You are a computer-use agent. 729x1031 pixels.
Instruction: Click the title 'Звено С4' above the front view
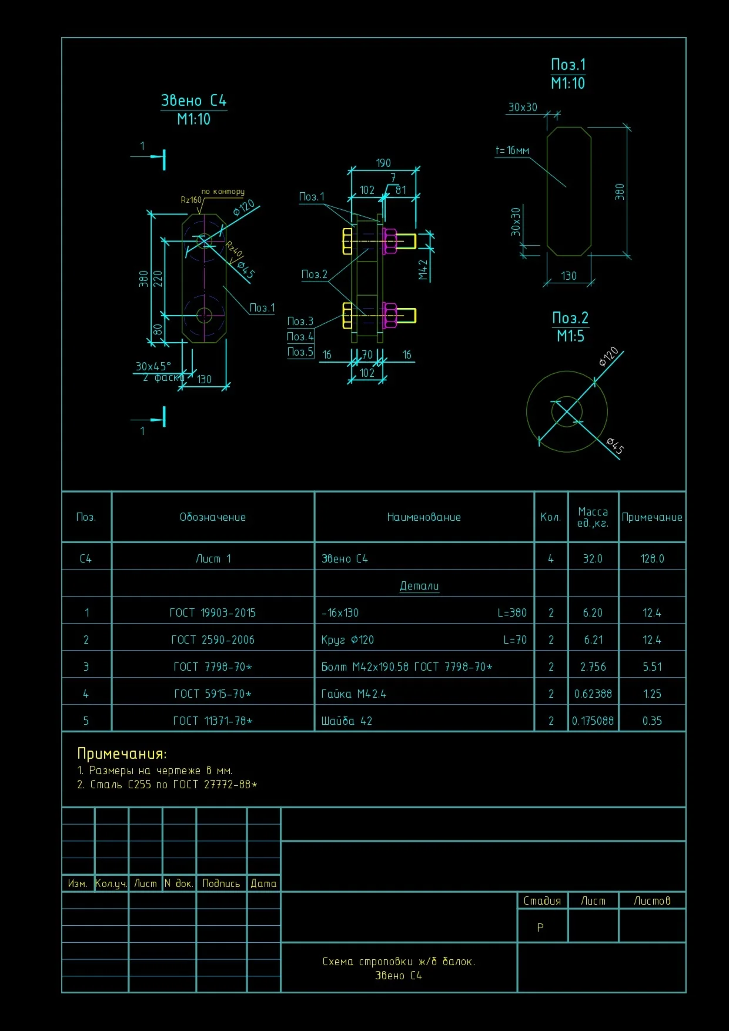tap(194, 101)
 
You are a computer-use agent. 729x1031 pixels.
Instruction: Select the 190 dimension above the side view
tap(383, 163)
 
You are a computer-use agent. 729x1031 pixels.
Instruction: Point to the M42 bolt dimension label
tap(423, 270)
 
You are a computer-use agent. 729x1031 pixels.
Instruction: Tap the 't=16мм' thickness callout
tap(512, 150)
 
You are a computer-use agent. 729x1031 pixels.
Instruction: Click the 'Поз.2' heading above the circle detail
tap(570, 318)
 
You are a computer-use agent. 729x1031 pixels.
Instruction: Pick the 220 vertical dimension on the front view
tap(158, 278)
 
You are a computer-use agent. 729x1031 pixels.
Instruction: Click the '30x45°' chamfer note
tap(153, 366)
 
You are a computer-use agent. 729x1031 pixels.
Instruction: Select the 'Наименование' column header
tap(424, 517)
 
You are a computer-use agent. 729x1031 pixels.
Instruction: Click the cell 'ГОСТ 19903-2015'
tap(213, 612)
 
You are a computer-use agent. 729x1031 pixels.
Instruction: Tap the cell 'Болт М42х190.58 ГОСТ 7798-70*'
tap(407, 667)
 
